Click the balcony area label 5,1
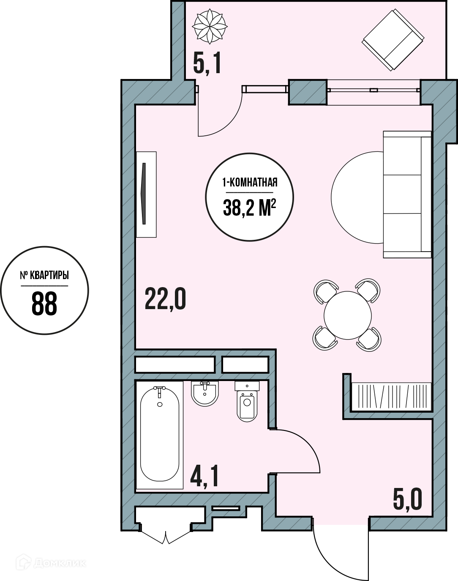[x=207, y=64]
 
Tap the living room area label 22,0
[x=165, y=299]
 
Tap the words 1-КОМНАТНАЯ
[x=250, y=183]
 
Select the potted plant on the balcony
[x=210, y=26]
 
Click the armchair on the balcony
[x=393, y=40]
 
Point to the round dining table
[x=347, y=315]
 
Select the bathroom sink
[x=205, y=393]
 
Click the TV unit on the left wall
[x=146, y=195]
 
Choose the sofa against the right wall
[x=407, y=195]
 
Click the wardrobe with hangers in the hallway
[x=391, y=397]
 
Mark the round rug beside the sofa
[x=357, y=197]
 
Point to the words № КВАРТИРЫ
[x=44, y=275]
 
